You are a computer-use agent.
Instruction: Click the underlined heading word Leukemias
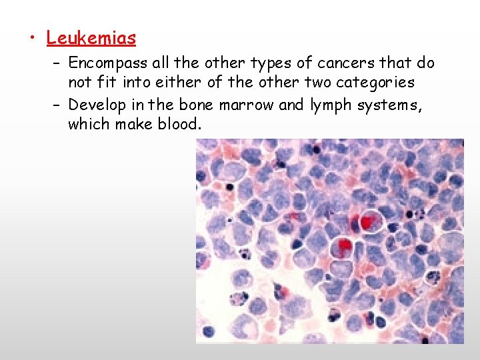91,38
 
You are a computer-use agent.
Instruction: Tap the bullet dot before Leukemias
31,39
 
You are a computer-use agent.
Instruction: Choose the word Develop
95,105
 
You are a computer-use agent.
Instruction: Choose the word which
89,125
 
